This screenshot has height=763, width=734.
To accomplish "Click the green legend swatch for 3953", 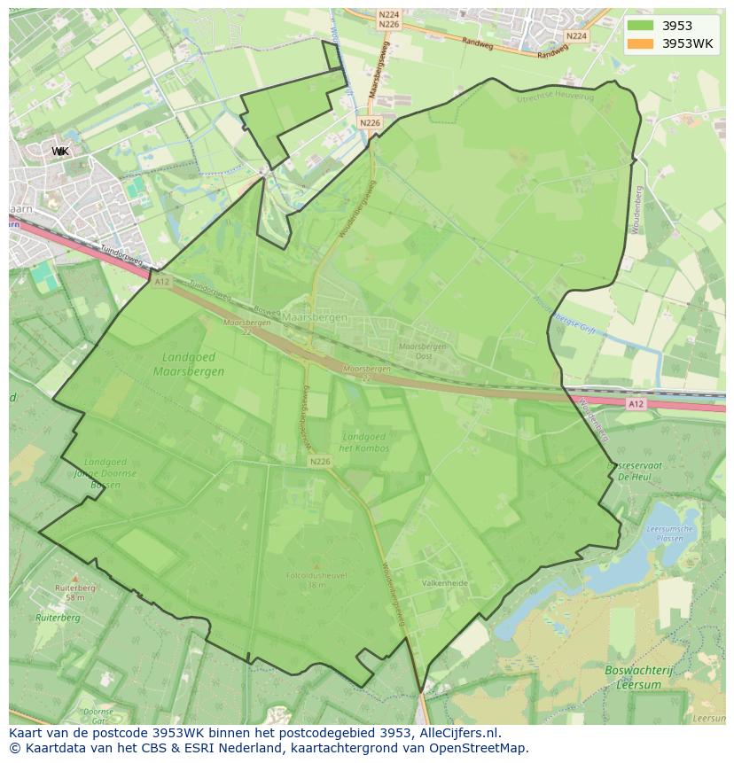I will [639, 26].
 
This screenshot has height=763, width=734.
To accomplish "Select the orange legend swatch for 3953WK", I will [639, 43].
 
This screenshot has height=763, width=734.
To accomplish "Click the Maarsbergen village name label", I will [315, 316].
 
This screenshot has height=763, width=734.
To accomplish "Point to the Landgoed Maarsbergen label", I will [188, 364].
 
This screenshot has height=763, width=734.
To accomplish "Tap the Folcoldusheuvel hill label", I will [317, 580].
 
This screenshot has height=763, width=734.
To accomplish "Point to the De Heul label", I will [636, 476].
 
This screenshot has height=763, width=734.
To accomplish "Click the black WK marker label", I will [60, 152].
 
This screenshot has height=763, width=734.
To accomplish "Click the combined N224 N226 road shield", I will [388, 19].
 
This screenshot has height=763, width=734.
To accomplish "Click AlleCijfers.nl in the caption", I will [457, 733].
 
